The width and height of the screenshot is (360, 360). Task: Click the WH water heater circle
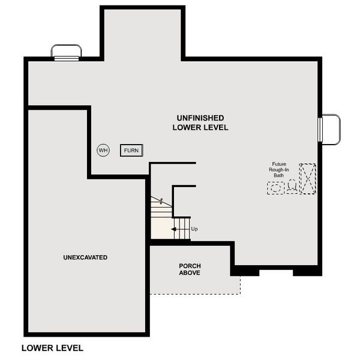pyautogui.click(x=103, y=150)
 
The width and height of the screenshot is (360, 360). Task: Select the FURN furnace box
pyautogui.click(x=131, y=150)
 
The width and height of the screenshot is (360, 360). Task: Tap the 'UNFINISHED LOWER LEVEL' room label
pyautogui.click(x=200, y=122)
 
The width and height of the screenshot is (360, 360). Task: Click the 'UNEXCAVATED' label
pyautogui.click(x=85, y=257)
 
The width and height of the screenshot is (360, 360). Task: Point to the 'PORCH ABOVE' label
pyautogui.click(x=190, y=269)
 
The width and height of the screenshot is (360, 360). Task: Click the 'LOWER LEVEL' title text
pyautogui.click(x=52, y=347)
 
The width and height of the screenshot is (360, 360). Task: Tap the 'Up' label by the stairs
pyautogui.click(x=194, y=229)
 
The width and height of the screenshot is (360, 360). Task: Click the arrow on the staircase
pyautogui.click(x=175, y=229)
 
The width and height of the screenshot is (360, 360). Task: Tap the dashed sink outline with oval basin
pyautogui.click(x=276, y=188)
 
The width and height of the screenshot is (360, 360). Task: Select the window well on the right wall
pyautogui.click(x=329, y=129)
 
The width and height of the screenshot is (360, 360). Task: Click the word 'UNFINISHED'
pyautogui.click(x=200, y=118)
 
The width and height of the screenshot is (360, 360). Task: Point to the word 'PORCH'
pyautogui.click(x=190, y=266)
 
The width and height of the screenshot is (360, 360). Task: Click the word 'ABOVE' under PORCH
pyautogui.click(x=190, y=273)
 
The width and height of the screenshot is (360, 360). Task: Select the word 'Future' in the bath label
pyautogui.click(x=279, y=164)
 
